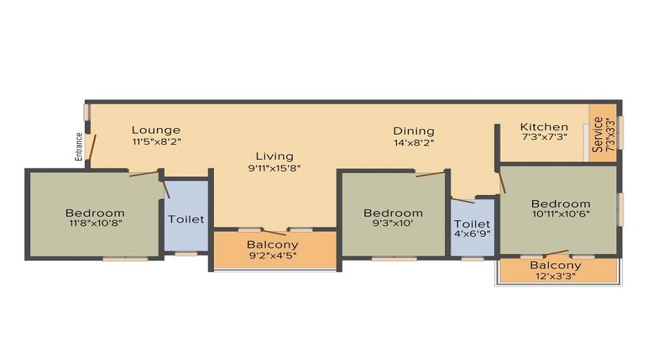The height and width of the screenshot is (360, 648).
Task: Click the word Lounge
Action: [156, 130]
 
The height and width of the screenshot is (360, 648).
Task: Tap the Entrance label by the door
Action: [80, 146]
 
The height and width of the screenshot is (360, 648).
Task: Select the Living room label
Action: [274, 156]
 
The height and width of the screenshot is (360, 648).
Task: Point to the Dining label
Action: [413, 131]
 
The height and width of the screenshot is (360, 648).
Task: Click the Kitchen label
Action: [544, 127]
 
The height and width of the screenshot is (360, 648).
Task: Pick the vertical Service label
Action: [598, 135]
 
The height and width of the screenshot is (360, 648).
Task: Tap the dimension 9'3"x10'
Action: [393, 224]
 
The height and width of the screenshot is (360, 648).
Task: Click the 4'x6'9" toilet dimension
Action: [473, 235]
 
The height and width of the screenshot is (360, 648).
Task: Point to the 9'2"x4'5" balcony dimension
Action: [273, 255]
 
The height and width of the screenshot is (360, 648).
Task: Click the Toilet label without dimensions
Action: [186, 219]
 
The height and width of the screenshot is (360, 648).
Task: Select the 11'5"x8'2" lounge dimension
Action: [156, 141]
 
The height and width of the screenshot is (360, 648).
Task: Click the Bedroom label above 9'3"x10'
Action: [393, 213]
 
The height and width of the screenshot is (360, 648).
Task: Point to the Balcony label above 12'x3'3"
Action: [555, 265]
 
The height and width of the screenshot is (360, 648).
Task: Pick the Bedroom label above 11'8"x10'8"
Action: [95, 213]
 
